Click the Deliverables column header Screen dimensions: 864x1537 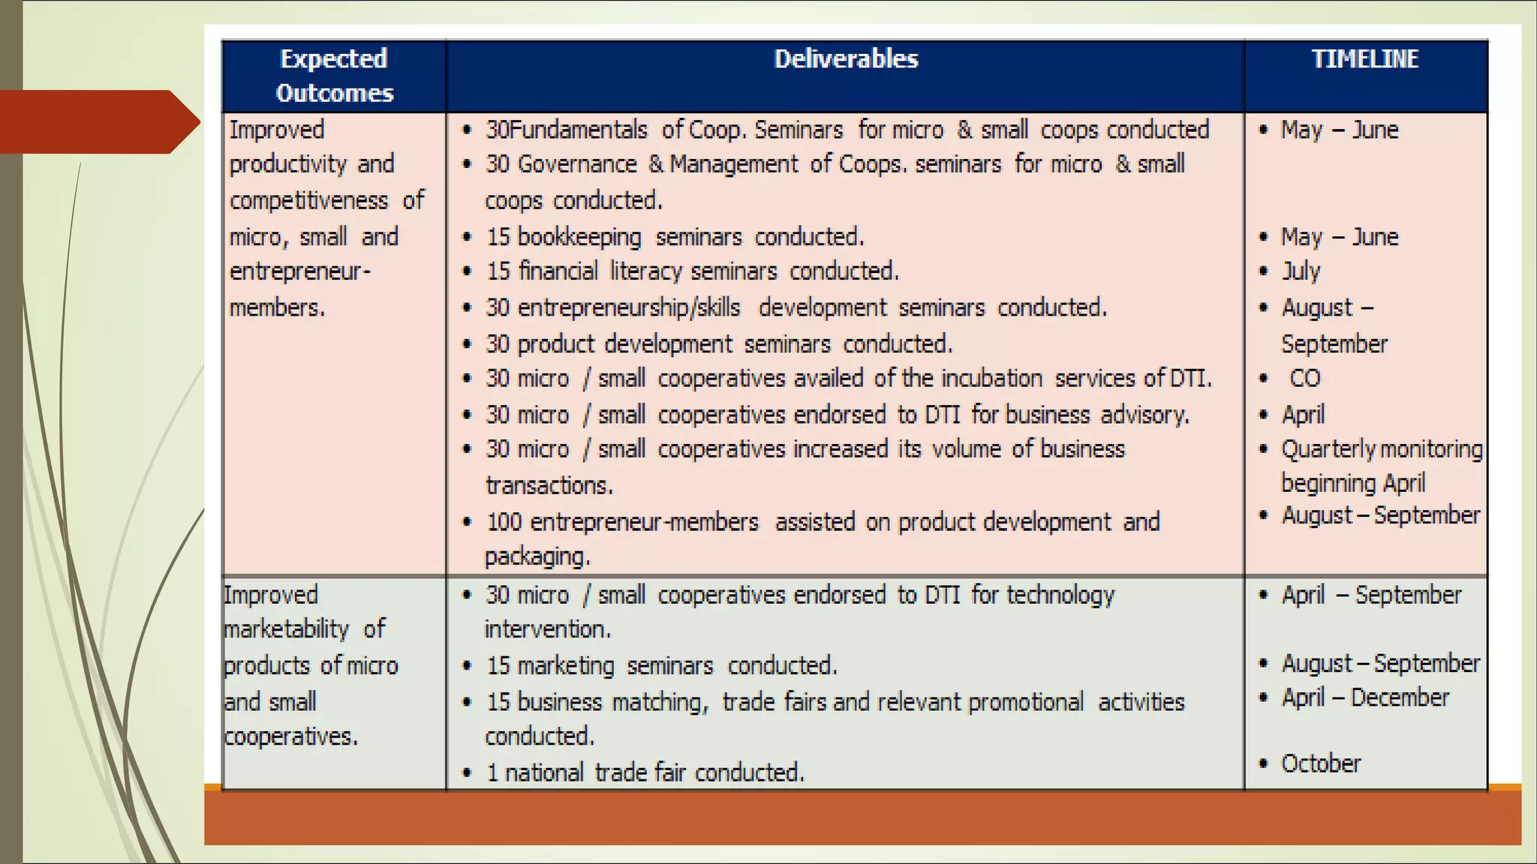(846, 59)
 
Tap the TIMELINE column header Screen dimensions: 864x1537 (1364, 59)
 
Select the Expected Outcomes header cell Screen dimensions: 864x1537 (334, 76)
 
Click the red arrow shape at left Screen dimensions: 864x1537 (98, 121)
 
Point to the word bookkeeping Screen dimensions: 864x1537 (579, 237)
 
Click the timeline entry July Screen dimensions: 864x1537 (1301, 271)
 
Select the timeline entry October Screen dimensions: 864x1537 (1320, 763)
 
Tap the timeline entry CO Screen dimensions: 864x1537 (1304, 378)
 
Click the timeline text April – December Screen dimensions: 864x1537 (1365, 697)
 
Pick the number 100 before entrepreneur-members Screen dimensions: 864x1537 (504, 522)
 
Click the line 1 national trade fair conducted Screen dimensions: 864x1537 (645, 772)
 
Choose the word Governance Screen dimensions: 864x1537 (577, 164)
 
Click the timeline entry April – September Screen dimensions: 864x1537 (1371, 595)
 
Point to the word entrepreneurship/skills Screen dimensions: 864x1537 (628, 307)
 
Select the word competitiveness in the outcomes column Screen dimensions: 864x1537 (308, 200)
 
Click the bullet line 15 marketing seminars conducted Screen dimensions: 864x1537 (661, 665)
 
